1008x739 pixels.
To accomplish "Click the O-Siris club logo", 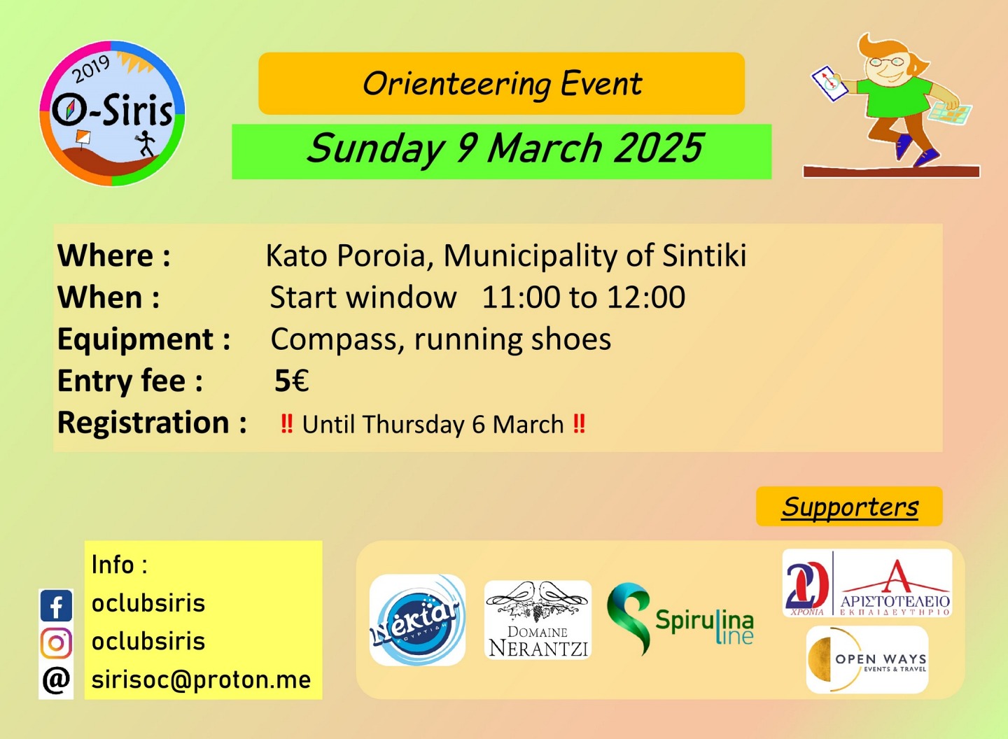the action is [112, 113].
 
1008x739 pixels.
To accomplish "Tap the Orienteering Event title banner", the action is [501, 83].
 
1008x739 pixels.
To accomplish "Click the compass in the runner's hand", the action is [829, 84].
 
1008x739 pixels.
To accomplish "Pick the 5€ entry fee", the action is [292, 381].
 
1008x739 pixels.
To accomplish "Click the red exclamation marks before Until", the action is [287, 423].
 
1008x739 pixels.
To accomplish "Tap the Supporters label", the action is [850, 507].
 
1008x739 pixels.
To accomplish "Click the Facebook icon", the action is [56, 605].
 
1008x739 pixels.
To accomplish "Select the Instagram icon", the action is [56, 643].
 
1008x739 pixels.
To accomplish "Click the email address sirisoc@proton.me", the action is [201, 680].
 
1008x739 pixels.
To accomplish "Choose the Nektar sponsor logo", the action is [417, 620].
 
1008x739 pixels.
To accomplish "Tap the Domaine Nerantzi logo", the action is [538, 620].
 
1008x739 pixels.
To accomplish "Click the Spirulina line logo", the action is [680, 619].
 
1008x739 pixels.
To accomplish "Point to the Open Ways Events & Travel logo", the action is [867, 660].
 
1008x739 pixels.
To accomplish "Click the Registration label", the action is [152, 423].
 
